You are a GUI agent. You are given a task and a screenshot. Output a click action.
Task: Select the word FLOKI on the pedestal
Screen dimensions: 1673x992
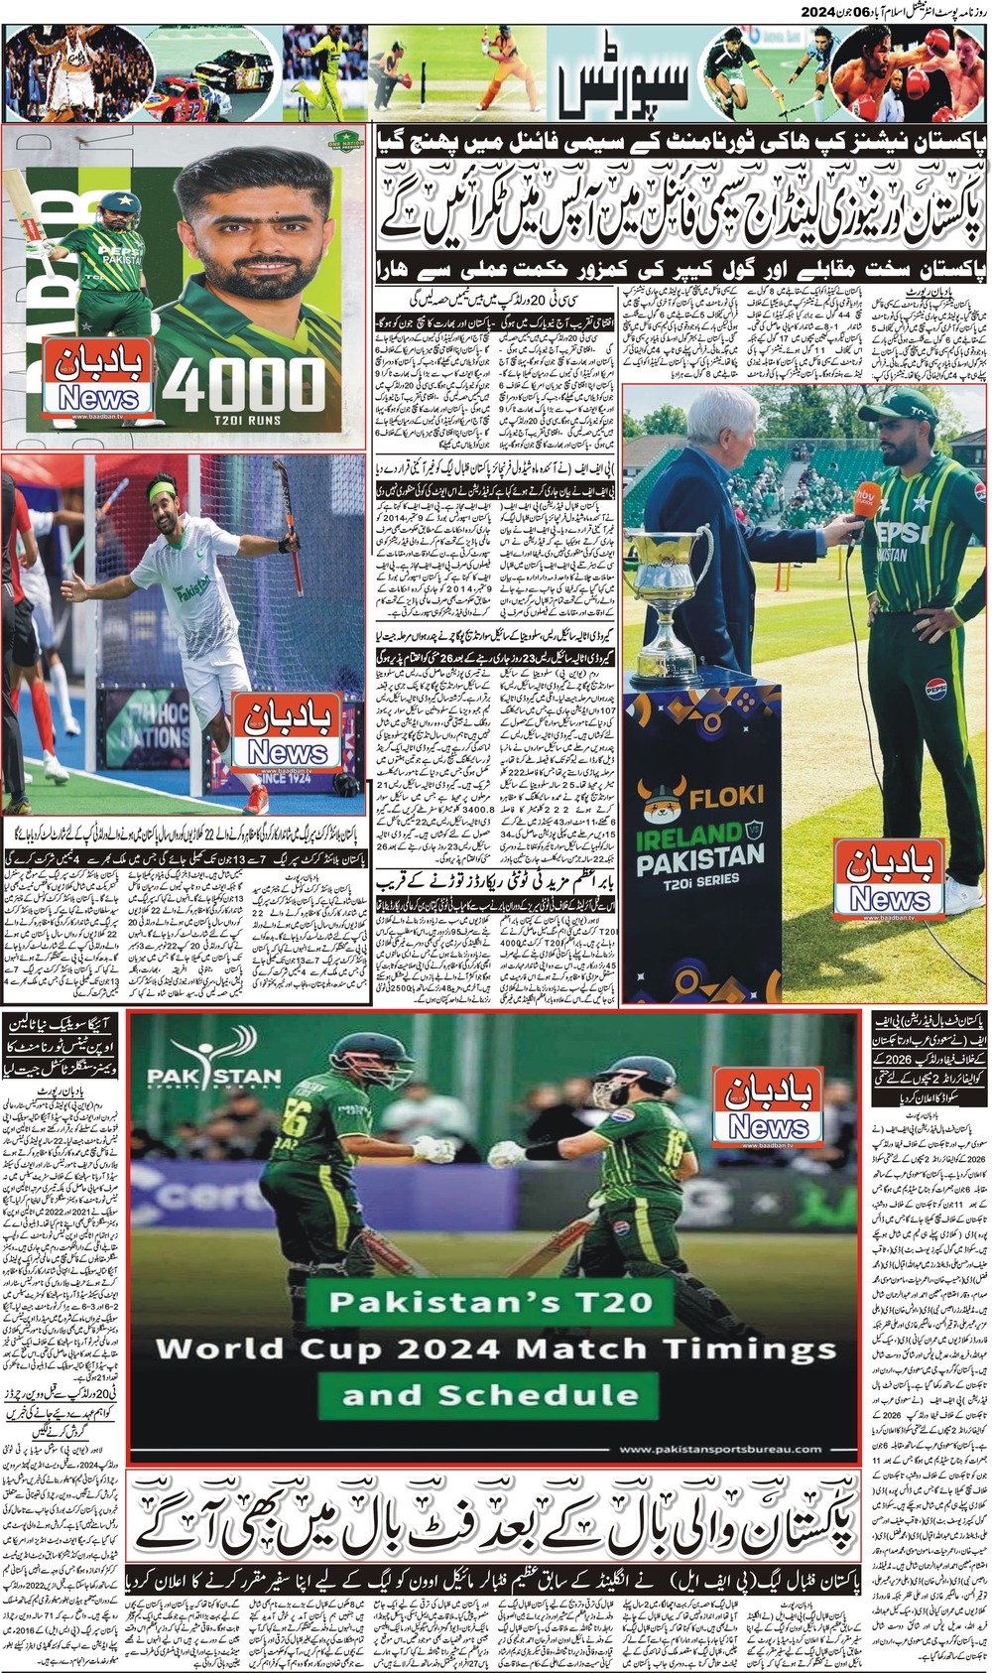coord(728,795)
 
